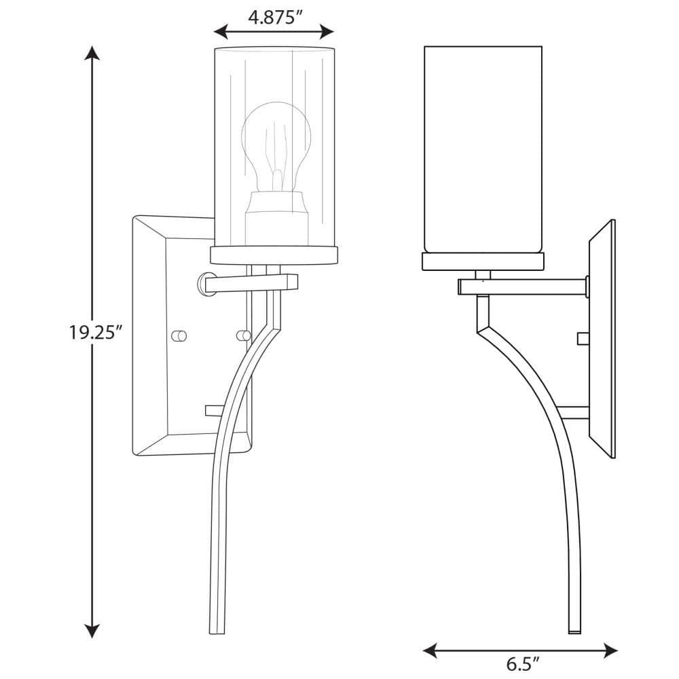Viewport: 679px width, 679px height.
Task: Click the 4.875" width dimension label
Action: click(x=274, y=18)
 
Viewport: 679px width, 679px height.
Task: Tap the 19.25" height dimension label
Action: click(x=93, y=332)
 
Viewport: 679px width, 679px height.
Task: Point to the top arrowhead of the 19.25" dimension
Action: click(x=92, y=52)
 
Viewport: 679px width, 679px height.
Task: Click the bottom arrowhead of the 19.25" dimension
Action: click(x=92, y=631)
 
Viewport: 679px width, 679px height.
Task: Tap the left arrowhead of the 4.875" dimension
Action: click(x=221, y=32)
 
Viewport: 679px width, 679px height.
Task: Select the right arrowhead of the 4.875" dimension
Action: click(x=327, y=32)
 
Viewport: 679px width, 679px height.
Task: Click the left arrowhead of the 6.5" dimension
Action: click(x=430, y=650)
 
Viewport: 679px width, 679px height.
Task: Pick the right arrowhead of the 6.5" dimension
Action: click(x=610, y=650)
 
